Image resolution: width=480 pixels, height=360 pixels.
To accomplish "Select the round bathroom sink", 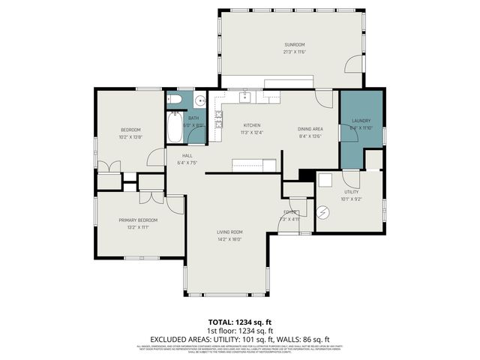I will [x=199, y=100].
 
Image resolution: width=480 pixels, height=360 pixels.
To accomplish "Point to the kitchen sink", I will [x=244, y=96].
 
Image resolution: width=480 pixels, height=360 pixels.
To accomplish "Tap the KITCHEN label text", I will [x=251, y=125].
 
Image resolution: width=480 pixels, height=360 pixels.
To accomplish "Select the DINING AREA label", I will [x=310, y=129].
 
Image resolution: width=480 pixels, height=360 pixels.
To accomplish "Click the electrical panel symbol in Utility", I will [x=323, y=213].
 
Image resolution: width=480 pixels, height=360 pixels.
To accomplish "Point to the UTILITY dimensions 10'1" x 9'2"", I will [x=351, y=199].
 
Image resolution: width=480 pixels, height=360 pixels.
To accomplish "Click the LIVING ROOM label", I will [x=229, y=232].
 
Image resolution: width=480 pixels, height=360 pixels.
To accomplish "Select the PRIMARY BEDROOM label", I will [x=137, y=220].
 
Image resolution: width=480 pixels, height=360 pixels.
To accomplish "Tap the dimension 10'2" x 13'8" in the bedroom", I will [x=130, y=137].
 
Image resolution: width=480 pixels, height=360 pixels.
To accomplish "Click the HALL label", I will [x=187, y=155].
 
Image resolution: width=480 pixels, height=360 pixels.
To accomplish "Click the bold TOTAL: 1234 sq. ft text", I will [x=240, y=321].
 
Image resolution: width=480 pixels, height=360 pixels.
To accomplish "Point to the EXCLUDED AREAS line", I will [x=240, y=338].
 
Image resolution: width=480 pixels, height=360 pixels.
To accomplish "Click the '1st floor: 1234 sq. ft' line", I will [x=240, y=330].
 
